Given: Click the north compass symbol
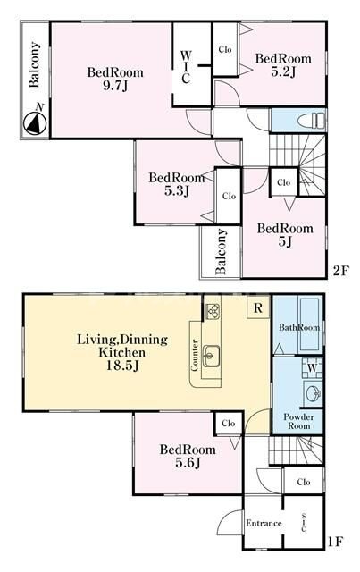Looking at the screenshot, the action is coord(35,122).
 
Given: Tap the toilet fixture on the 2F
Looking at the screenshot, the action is coord(311,120).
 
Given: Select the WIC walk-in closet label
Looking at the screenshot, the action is coord(186,67).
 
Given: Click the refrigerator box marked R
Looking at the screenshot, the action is coord(258,308).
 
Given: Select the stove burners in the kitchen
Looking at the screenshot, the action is coord(213,311).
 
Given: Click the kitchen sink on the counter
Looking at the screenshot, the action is coord(211,356).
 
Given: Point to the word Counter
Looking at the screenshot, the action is coord(195,356).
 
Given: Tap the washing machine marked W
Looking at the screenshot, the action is coord(313,367).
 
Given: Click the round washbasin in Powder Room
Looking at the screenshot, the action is coord(314,393).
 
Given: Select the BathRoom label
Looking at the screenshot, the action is coord(299,327).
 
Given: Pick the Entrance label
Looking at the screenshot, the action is coord(264,523).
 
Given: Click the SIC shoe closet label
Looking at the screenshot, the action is coord(304,523).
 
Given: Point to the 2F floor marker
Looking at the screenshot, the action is coord(341,271).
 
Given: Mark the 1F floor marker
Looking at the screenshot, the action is coord(335,542).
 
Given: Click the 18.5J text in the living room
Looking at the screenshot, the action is coord(122,366).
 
